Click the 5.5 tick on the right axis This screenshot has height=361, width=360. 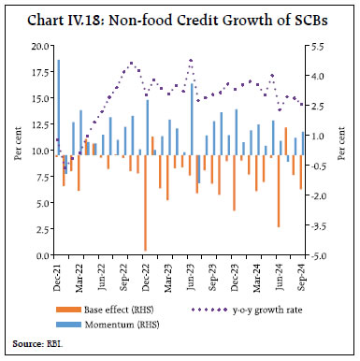[x=317, y=46]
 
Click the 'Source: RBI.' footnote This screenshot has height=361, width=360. [x=39, y=343]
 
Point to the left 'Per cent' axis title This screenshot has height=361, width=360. [x=18, y=151]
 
